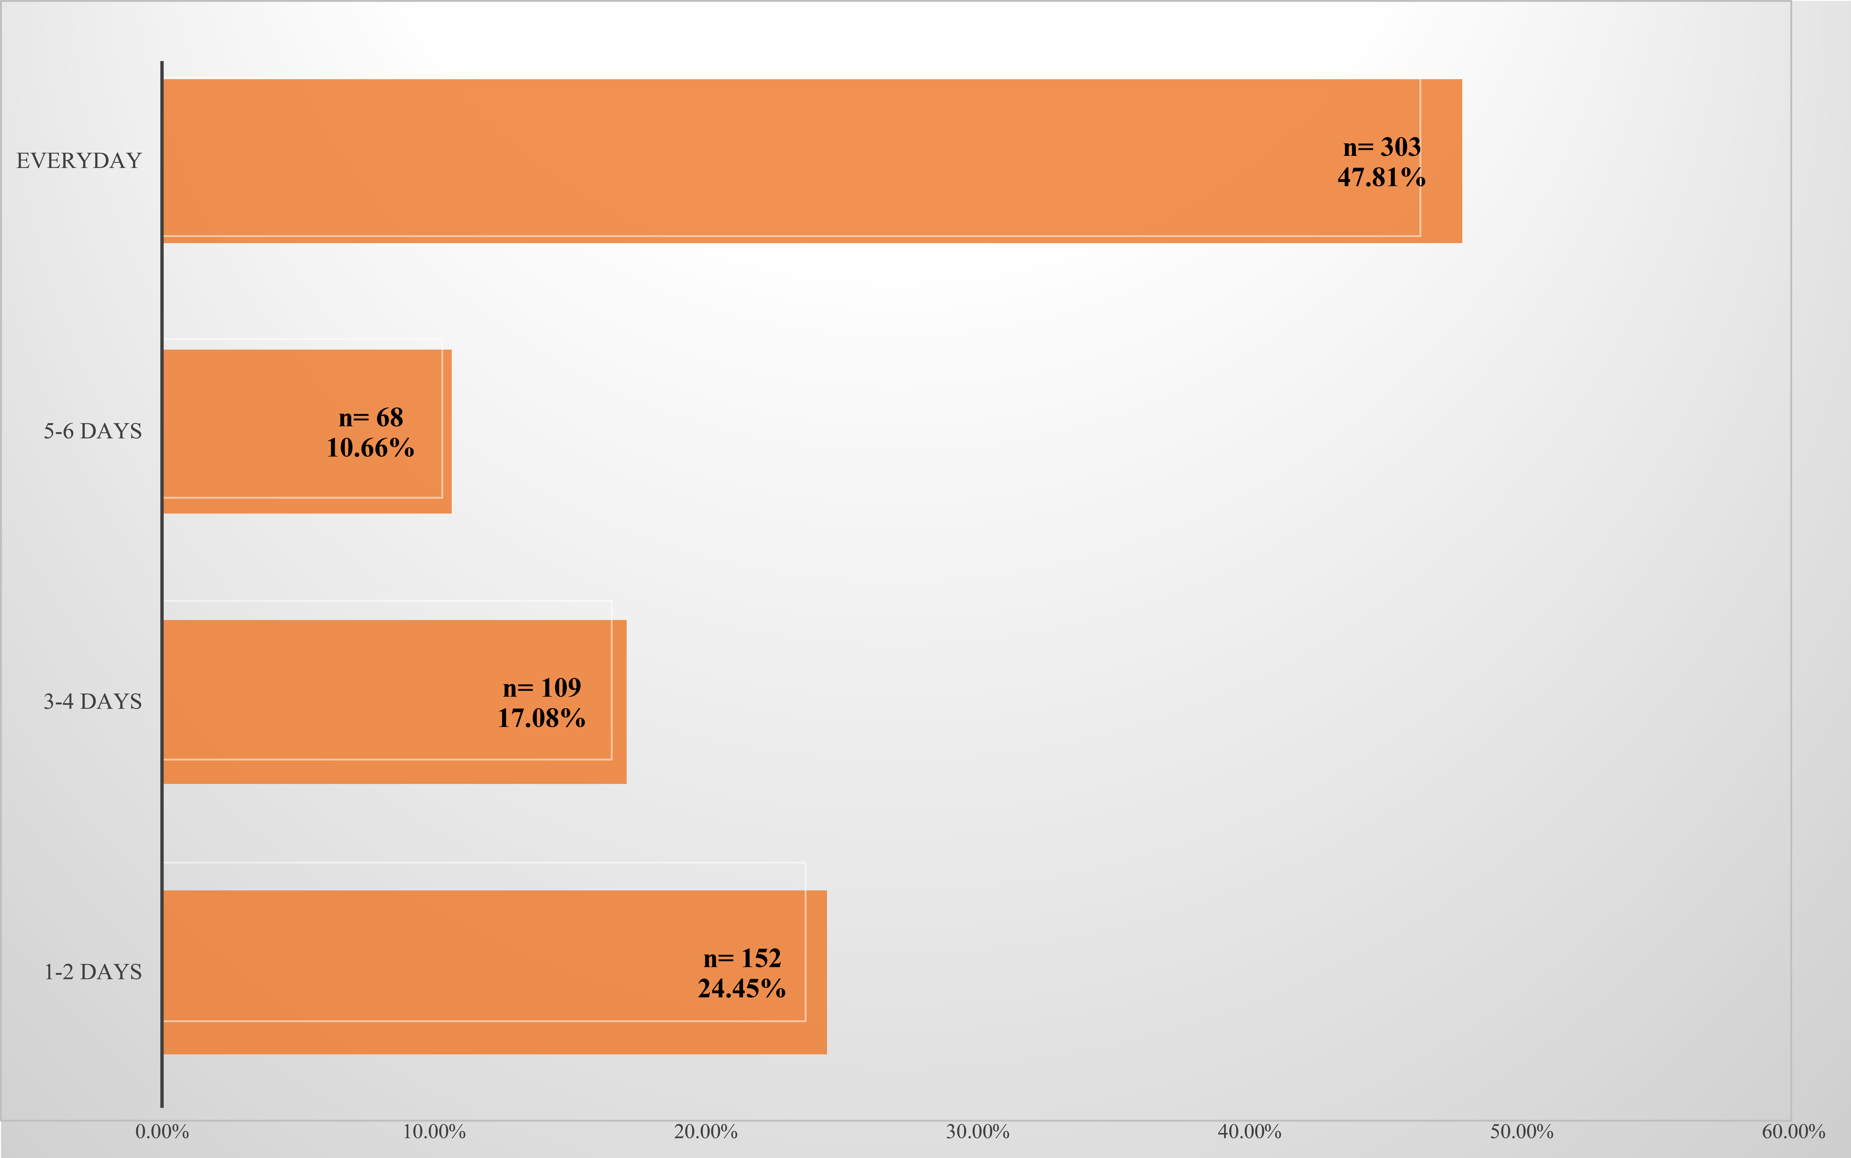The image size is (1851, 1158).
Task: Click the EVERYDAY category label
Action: (x=79, y=161)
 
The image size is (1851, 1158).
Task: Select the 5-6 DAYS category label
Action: (x=93, y=431)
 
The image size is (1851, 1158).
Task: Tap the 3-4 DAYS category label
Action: (x=93, y=701)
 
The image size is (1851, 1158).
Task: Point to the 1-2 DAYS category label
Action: (x=93, y=972)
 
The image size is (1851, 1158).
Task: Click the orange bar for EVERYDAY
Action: (x=766, y=161)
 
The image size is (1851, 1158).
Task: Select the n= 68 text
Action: (x=371, y=417)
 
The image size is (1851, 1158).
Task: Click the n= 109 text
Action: (x=542, y=688)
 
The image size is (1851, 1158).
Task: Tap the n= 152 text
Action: (x=741, y=958)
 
